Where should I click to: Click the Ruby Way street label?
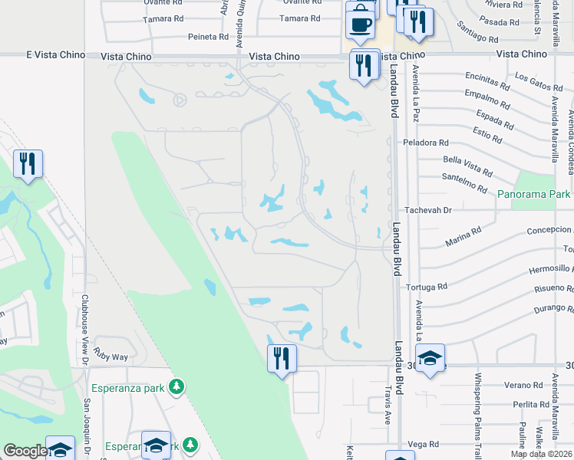(111, 356)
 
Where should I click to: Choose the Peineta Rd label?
(208, 36)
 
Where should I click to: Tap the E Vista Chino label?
(53, 55)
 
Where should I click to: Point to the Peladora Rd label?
(427, 143)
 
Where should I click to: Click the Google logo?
(25, 452)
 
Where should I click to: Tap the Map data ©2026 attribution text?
(541, 455)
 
